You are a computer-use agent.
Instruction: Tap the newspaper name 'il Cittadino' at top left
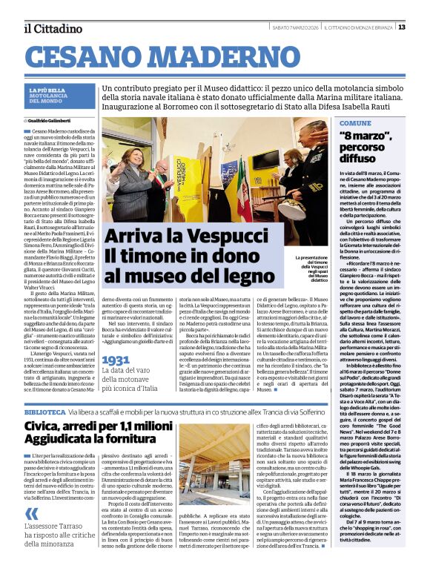click(x=53, y=28)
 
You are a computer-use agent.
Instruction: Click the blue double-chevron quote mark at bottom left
click(x=32, y=514)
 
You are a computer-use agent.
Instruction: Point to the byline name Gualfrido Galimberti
click(x=52, y=119)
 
